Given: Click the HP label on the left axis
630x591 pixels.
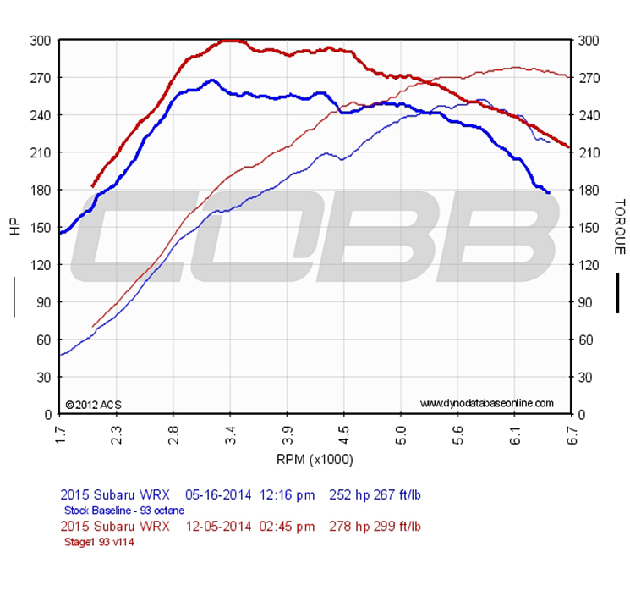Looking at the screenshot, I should tap(14, 227).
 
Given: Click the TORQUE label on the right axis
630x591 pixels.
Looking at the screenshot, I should tap(619, 227).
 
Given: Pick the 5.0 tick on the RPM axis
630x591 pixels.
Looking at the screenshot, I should tap(402, 434).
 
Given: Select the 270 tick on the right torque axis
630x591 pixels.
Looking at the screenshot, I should tap(588, 77).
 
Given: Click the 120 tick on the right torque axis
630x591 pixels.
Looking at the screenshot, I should tap(588, 264).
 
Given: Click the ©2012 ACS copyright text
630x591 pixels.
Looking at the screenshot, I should tap(93, 404).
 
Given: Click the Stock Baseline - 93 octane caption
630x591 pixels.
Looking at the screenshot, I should tap(123, 511).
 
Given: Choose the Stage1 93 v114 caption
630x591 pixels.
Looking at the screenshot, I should tap(98, 543).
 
